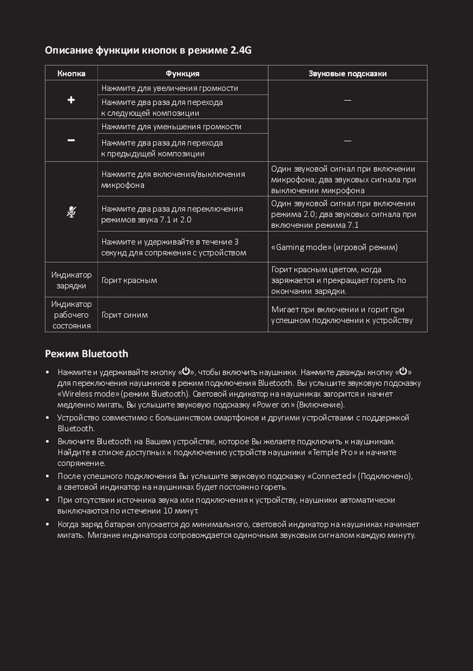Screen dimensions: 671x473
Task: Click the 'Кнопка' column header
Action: pyautogui.click(x=71, y=73)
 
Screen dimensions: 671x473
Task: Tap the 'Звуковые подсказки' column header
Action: pyautogui.click(x=347, y=73)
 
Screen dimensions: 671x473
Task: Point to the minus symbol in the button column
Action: pyautogui.click(x=71, y=140)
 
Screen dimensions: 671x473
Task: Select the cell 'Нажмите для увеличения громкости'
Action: pyautogui.click(x=170, y=88)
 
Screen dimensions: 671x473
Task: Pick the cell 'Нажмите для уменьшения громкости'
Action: pyautogui.click(x=171, y=126)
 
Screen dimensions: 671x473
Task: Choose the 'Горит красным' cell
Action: pyautogui.click(x=129, y=280)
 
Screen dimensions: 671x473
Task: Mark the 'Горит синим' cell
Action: pyautogui.click(x=124, y=315)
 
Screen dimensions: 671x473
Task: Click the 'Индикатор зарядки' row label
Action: pyautogui.click(x=71, y=280)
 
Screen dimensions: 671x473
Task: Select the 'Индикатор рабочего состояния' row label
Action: pyautogui.click(x=71, y=315)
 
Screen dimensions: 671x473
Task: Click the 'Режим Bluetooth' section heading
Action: pyautogui.click(x=86, y=354)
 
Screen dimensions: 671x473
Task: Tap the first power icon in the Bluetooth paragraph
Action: pyautogui.click(x=186, y=371)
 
